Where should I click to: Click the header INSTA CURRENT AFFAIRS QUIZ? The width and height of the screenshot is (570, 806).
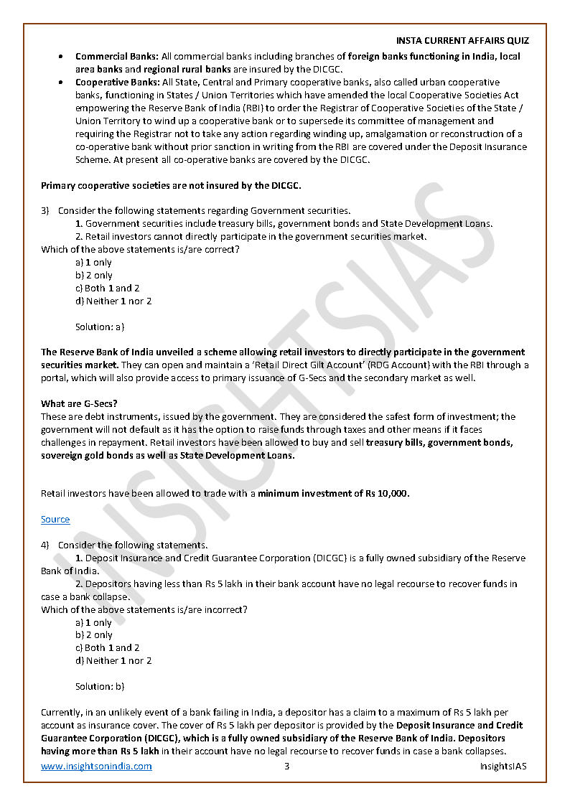[x=462, y=41]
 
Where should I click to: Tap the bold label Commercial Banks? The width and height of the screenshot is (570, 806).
[x=117, y=56]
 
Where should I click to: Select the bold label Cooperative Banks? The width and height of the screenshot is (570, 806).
[x=118, y=82]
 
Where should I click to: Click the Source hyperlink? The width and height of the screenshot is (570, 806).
[x=55, y=519]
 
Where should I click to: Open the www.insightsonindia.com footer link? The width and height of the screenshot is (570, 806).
[x=96, y=766]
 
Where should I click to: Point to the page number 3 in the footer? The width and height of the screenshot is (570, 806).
[x=286, y=766]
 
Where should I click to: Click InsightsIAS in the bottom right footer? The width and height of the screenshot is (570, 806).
[x=503, y=766]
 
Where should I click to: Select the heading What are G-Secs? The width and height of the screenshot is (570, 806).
[x=80, y=403]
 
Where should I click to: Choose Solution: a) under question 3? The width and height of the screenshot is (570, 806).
[x=100, y=327]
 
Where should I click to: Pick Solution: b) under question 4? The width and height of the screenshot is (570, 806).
[x=100, y=686]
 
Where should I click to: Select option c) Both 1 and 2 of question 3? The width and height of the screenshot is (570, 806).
[x=108, y=288]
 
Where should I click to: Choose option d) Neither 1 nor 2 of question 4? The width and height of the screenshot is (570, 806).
[x=113, y=660]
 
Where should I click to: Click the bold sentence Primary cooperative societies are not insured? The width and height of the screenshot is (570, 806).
[x=171, y=185]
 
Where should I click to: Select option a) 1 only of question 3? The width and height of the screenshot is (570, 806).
[x=94, y=262]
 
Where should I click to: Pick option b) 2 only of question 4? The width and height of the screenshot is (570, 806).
[x=94, y=634]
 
